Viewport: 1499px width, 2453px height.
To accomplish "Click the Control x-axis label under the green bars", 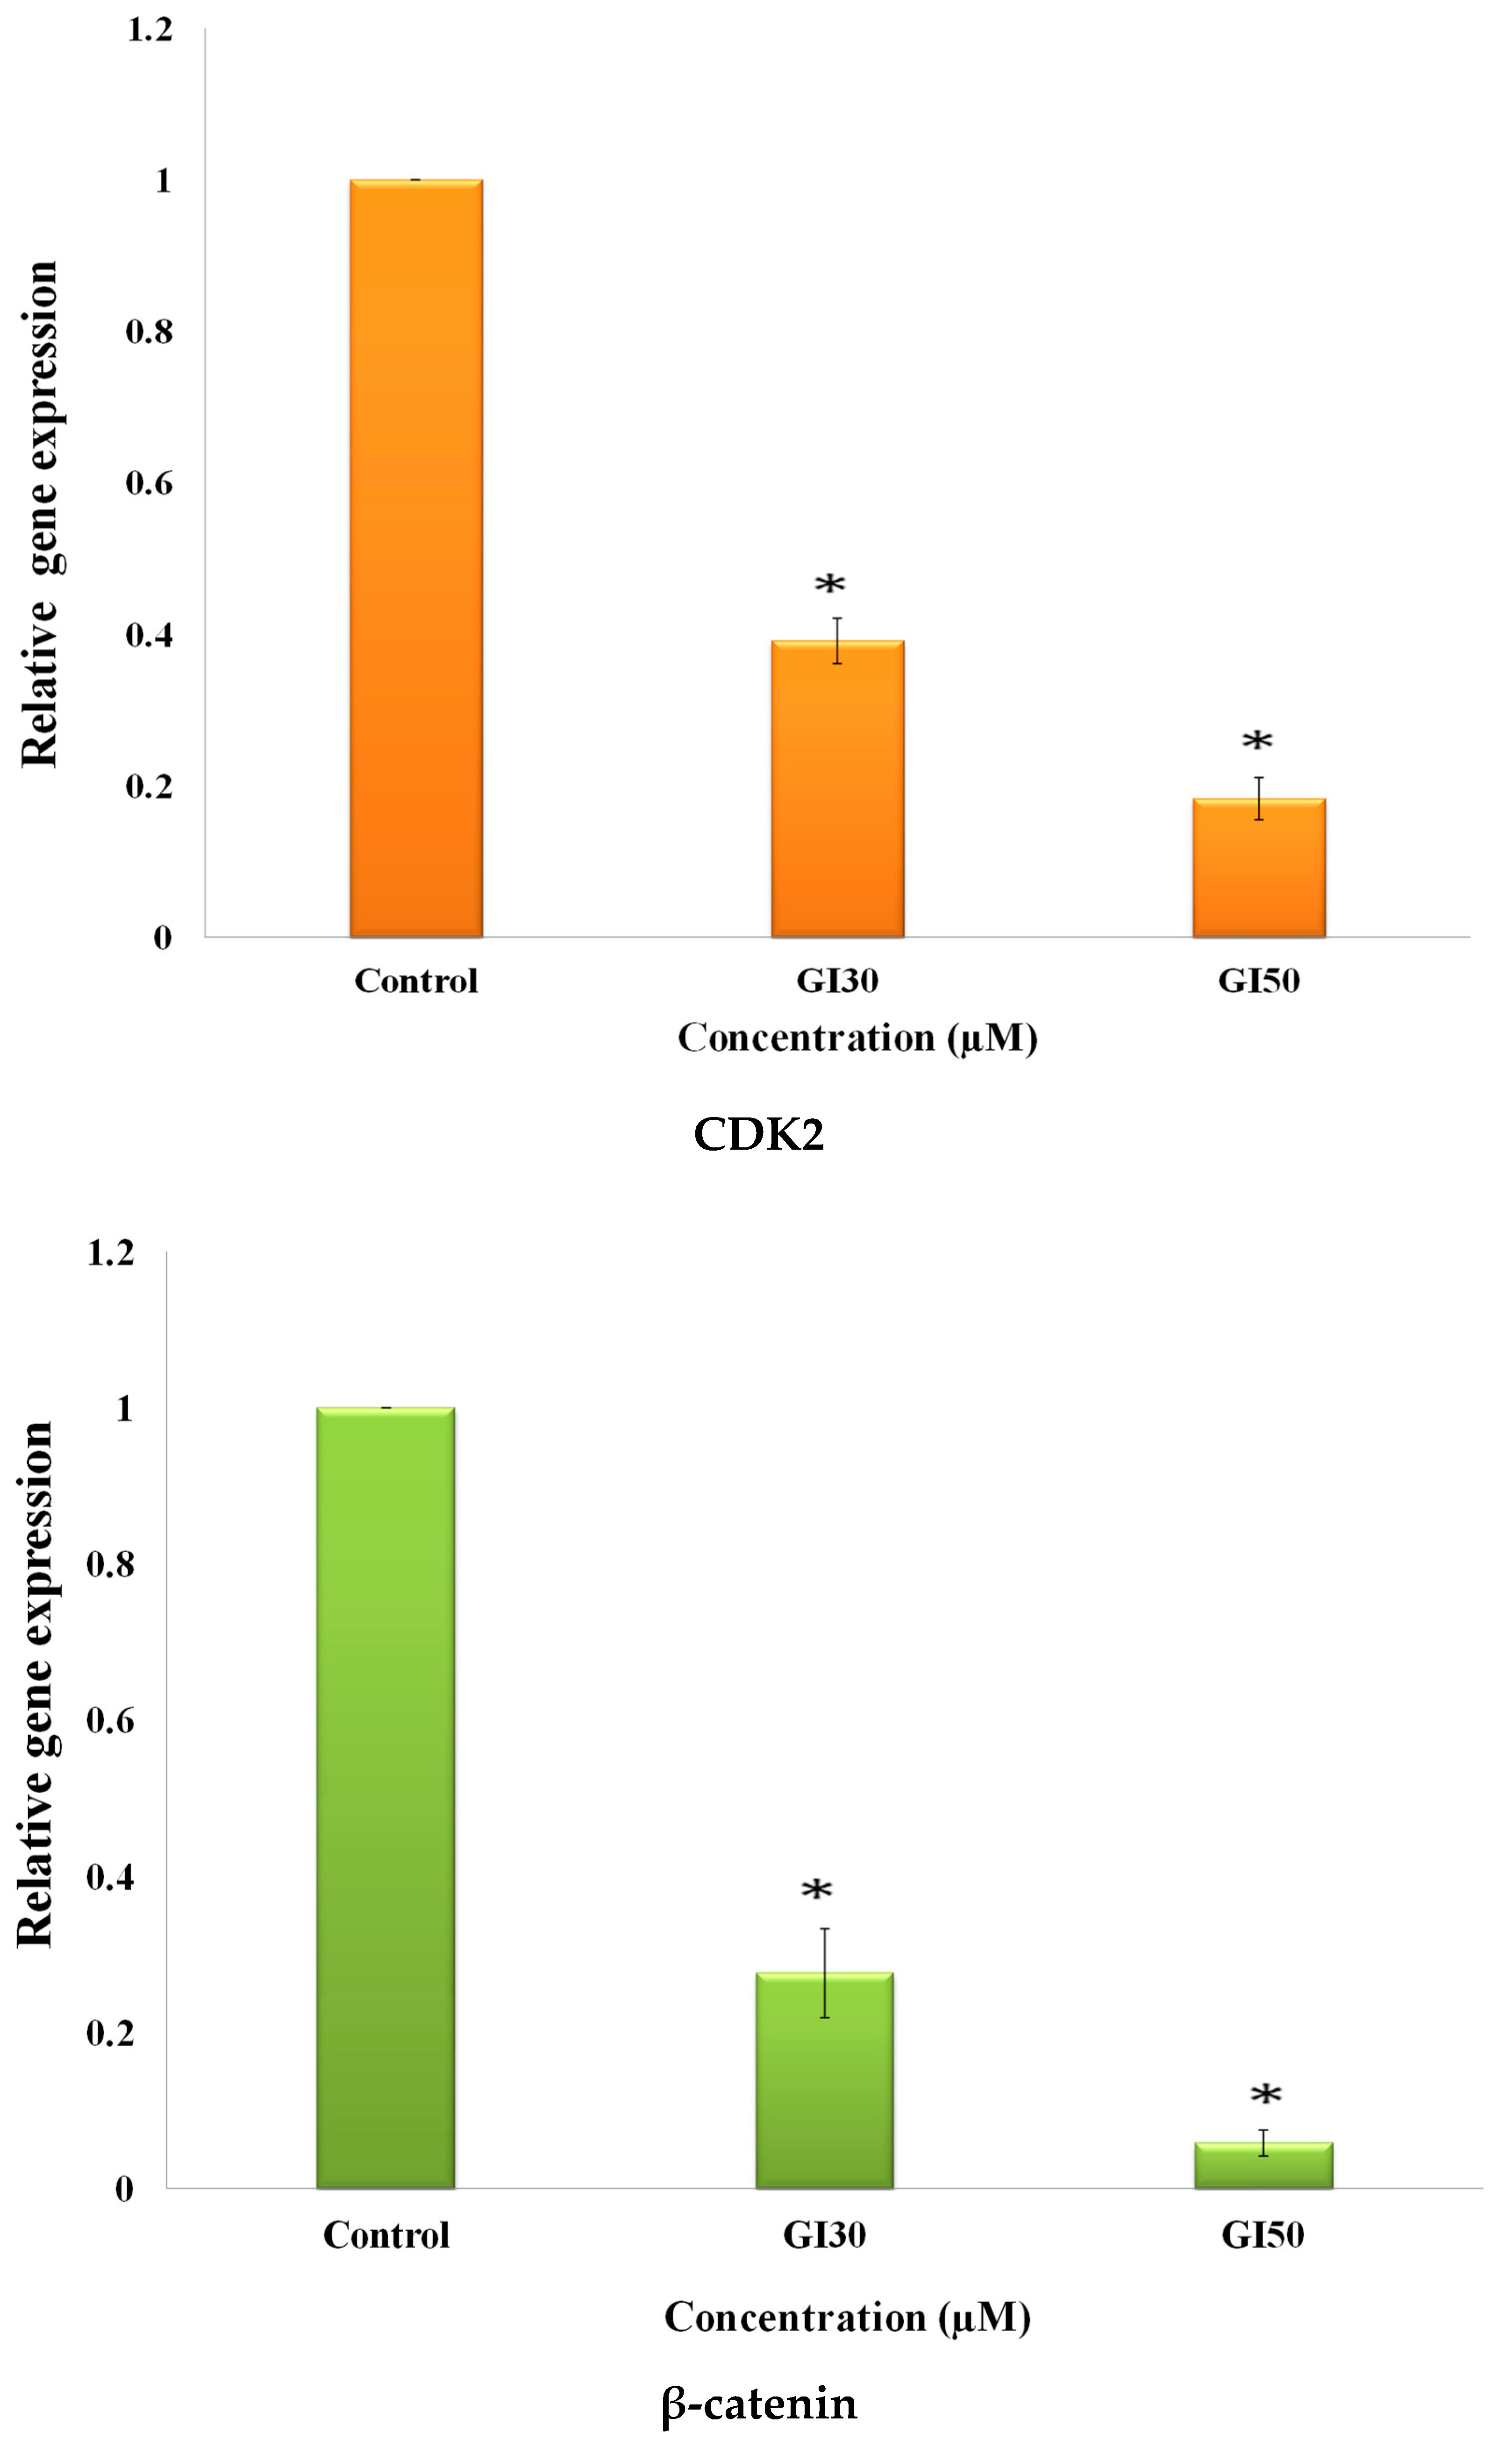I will pyautogui.click(x=385, y=2235).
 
